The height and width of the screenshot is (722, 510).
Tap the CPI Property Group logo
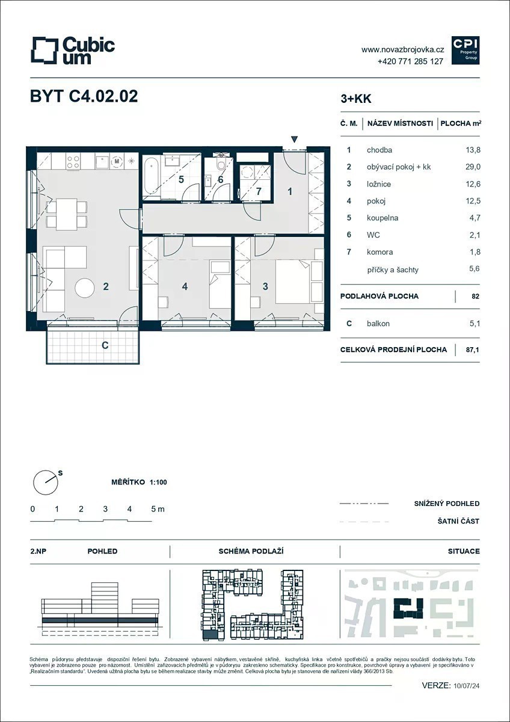pos(465,51)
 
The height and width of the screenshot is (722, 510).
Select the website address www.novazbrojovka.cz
pos(403,49)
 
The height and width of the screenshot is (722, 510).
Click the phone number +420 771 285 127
pos(410,61)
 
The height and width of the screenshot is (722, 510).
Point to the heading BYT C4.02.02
pos(84,96)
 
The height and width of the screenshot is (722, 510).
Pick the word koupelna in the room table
pos(382,218)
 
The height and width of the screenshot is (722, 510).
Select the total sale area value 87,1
pos(473,350)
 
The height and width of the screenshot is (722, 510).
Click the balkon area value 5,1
pos(475,323)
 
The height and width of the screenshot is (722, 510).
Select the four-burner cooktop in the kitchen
pos(73,161)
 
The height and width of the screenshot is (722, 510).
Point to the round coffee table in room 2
pos(85,288)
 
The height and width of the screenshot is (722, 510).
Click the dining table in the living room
pos(66,214)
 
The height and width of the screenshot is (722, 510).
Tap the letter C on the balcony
pos(105,345)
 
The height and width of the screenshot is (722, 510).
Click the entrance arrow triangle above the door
pos(294,139)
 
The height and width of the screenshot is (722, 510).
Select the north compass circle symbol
pos(46,483)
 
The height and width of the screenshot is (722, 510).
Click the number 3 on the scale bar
pos(105,509)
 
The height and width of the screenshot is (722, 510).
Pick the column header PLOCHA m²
pos(461,123)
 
